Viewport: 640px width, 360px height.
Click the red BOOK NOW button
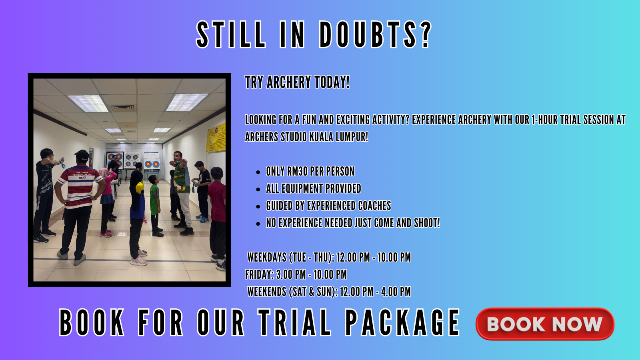pyautogui.click(x=545, y=324)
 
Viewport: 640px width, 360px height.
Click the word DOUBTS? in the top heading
pyautogui.click(x=375, y=34)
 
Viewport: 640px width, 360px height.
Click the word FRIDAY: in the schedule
pyautogui.click(x=260, y=274)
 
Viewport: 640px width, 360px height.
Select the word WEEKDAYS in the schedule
pyautogui.click(x=267, y=258)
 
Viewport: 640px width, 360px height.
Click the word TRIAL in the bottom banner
pyautogui.click(x=294, y=322)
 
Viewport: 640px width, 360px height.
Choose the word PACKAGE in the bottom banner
pyautogui.click(x=402, y=322)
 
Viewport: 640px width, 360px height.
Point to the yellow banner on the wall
pyautogui.click(x=216, y=138)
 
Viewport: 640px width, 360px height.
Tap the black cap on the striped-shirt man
pyautogui.click(x=82, y=155)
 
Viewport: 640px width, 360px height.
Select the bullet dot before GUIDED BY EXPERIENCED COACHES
pyautogui.click(x=258, y=206)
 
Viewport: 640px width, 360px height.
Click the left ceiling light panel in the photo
pyautogui.click(x=88, y=104)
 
